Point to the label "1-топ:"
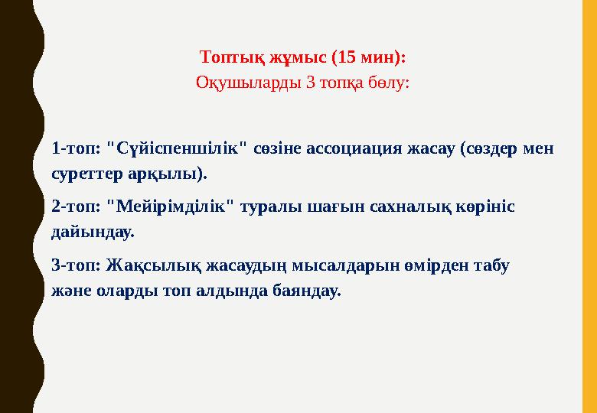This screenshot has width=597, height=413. tap(76, 148)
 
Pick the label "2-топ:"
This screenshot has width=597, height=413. tap(76, 206)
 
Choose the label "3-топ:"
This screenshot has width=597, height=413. tap(76, 265)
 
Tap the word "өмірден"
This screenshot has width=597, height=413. tap(419, 265)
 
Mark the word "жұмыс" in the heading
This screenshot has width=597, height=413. tap(295, 57)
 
